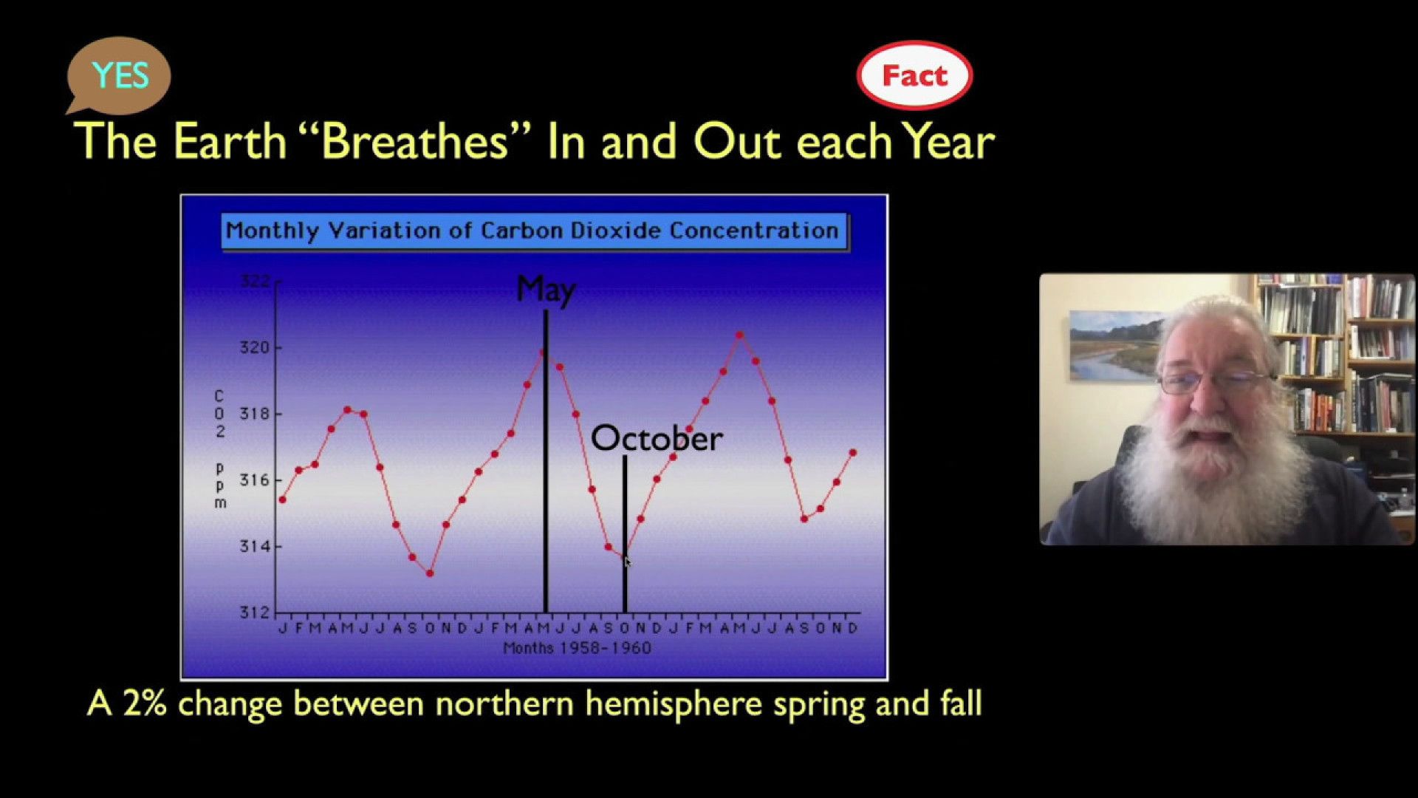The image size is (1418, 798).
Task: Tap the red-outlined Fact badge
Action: click(914, 75)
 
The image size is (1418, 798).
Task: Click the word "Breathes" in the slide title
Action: click(416, 140)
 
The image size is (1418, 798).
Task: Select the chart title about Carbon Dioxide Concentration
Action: click(532, 231)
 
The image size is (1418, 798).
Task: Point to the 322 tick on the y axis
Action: click(255, 282)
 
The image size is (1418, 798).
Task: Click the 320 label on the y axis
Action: click(255, 347)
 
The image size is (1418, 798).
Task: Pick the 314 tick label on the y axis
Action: click(255, 547)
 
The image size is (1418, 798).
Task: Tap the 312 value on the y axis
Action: click(255, 613)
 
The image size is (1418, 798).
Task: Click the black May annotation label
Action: click(546, 290)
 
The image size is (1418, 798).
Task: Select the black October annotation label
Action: click(657, 439)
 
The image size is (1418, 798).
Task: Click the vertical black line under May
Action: click(546, 461)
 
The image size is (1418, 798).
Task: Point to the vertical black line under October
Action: click(625, 534)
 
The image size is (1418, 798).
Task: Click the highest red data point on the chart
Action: click(739, 335)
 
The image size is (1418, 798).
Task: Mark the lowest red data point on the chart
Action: click(430, 573)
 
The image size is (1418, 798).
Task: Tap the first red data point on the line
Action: click(282, 500)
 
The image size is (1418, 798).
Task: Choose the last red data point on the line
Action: click(853, 452)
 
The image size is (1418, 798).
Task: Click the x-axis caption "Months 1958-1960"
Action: click(577, 648)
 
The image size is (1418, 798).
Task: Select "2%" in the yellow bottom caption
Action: click(145, 703)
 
